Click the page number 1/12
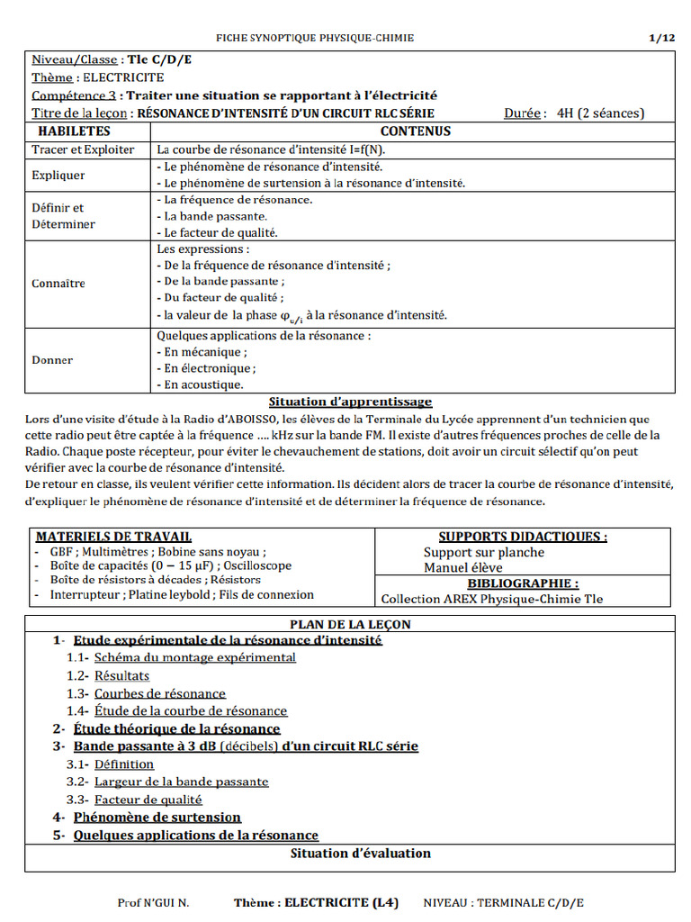(x=661, y=38)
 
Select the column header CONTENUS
(x=416, y=131)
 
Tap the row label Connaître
(x=58, y=283)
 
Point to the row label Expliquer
(x=58, y=175)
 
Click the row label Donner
(x=52, y=360)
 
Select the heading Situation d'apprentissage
(x=350, y=402)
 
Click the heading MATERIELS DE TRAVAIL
(x=113, y=537)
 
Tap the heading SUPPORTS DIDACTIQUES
(x=523, y=537)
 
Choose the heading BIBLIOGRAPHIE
(x=523, y=583)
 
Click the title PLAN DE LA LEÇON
(x=350, y=624)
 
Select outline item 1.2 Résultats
(x=121, y=675)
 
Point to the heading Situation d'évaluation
(x=360, y=853)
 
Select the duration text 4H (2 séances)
(x=600, y=113)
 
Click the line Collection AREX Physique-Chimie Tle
(x=492, y=599)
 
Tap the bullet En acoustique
(x=200, y=384)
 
